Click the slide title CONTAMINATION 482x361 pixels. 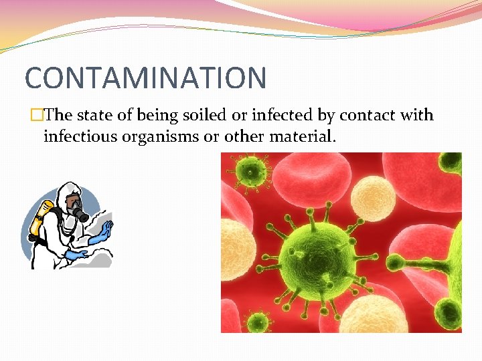click(145, 78)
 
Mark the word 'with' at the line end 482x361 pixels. click(417, 115)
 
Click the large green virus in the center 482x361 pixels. click(315, 251)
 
